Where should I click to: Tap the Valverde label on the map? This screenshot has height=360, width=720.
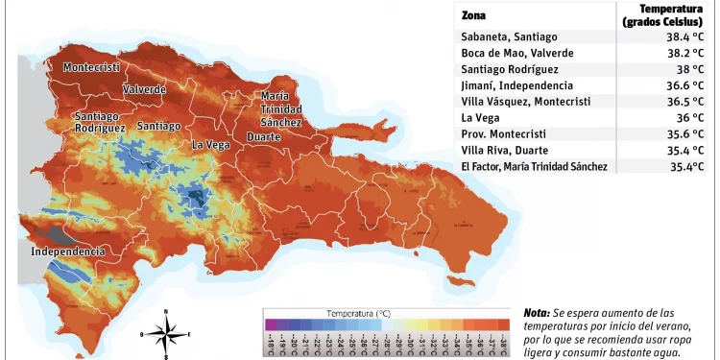click(x=144, y=89)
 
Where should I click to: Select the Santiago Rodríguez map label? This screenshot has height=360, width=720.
click(x=100, y=122)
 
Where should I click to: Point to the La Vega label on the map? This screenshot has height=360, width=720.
click(x=210, y=145)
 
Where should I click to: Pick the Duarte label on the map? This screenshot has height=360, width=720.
click(x=264, y=137)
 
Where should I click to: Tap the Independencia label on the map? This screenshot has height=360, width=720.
click(x=67, y=252)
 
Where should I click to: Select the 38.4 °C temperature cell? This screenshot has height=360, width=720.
click(x=686, y=36)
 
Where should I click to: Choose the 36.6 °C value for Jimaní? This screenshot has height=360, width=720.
click(x=686, y=85)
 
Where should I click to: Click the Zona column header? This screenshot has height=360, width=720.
click(x=473, y=15)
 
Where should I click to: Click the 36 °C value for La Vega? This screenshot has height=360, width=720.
click(x=690, y=118)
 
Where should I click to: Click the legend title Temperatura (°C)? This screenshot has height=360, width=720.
click(x=358, y=314)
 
